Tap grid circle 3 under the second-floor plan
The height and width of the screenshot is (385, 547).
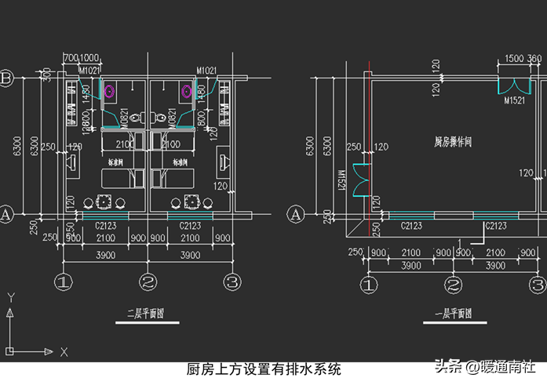pyautogui.click(x=231, y=281)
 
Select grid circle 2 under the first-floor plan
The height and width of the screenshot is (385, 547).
pyautogui.click(x=453, y=285)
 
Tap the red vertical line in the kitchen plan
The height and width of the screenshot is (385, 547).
pyautogui.click(x=369, y=149)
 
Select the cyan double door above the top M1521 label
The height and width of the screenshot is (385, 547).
pyautogui.click(x=514, y=85)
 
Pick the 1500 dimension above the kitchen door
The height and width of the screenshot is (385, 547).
pyautogui.click(x=514, y=59)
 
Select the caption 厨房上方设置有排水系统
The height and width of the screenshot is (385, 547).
pyautogui.click(x=264, y=369)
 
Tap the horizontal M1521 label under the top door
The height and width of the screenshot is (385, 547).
pyautogui.click(x=514, y=101)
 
